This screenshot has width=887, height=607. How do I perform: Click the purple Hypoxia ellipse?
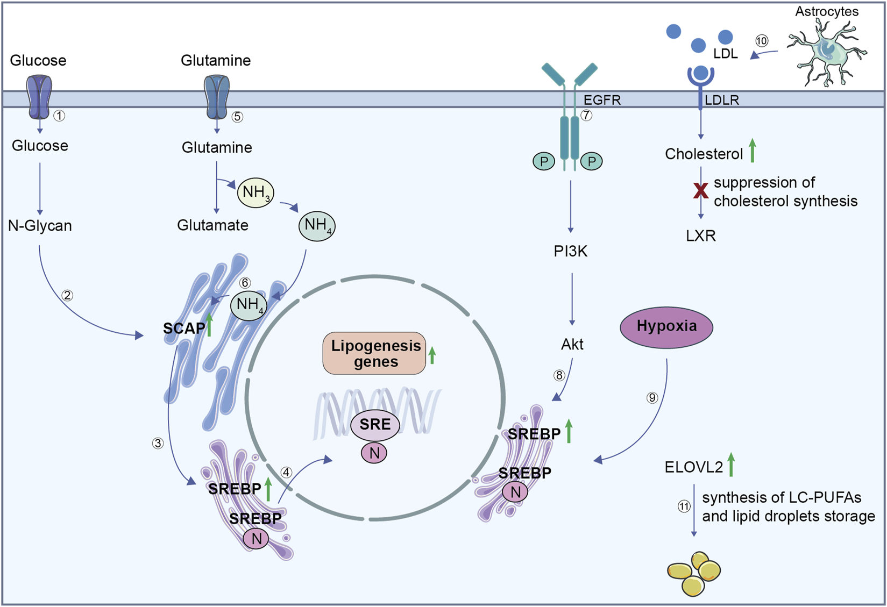tap(666, 326)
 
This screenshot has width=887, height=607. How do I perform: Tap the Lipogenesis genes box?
tap(374, 353)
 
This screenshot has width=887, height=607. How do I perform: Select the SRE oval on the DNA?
tap(375, 424)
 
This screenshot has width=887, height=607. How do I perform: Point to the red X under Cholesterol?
tap(700, 190)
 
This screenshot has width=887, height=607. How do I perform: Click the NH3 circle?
tap(256, 192)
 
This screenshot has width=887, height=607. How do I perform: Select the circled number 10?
tap(762, 41)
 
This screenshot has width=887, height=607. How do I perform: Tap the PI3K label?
tap(570, 251)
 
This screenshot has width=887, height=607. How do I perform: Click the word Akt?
tap(572, 344)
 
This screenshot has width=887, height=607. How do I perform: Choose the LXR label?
tap(700, 236)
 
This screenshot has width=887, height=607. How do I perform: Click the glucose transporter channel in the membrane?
tap(39, 97)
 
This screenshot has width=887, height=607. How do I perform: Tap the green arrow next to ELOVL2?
tap(731, 465)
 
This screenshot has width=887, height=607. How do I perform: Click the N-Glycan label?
tap(40, 226)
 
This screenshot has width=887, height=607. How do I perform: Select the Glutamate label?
tap(212, 225)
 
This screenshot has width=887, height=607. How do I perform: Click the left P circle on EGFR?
tap(544, 161)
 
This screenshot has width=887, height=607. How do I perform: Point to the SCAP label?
tap(184, 329)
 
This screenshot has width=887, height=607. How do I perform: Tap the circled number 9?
tap(652, 398)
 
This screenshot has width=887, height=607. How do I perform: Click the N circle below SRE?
tap(374, 453)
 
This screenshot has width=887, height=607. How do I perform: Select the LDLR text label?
tap(722, 100)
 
